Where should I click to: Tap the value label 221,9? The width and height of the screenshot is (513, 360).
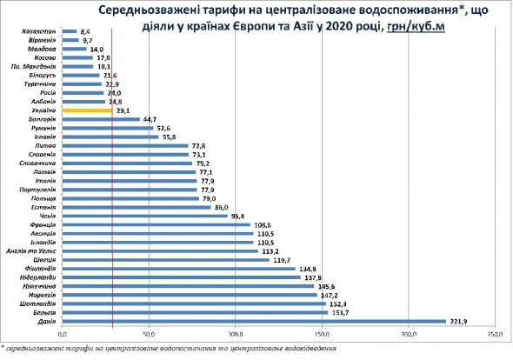461,322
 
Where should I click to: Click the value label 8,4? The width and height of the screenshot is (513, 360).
85,30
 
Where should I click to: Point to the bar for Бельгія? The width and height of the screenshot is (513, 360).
196,312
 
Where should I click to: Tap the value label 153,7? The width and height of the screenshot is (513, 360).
342,312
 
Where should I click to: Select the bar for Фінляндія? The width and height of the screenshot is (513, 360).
179,269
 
